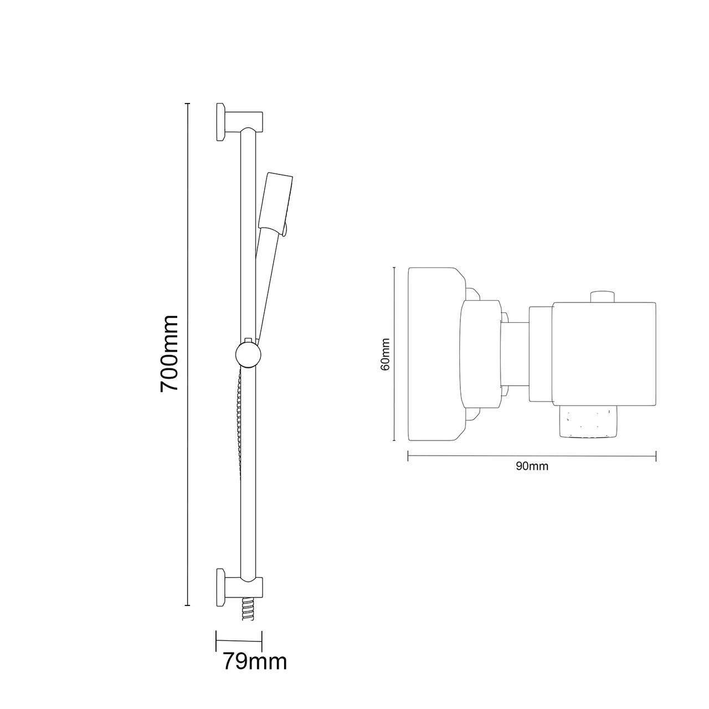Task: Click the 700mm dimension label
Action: click(169, 353)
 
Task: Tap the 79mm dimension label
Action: click(255, 661)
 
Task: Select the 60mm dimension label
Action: click(386, 354)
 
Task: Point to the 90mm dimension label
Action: click(532, 466)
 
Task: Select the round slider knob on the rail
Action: click(247, 354)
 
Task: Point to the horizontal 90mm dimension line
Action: click(532, 456)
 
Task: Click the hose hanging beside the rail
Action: click(239, 421)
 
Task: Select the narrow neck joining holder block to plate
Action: click(515, 354)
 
